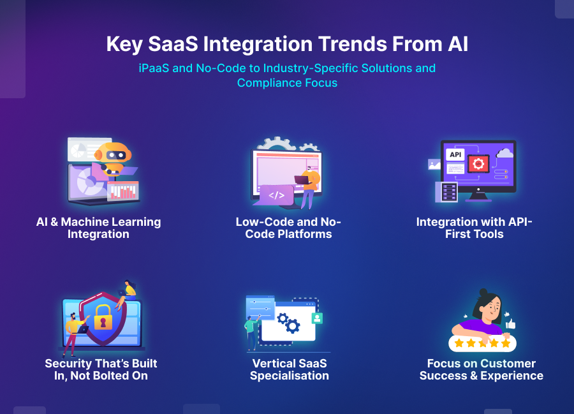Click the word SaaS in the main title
point(173,44)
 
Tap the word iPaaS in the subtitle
point(154,68)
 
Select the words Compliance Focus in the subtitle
point(288,83)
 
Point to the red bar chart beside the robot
point(123,191)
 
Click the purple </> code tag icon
point(276,195)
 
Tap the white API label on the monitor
point(455,154)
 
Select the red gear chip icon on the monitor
point(478,164)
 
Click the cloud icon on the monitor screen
point(505,152)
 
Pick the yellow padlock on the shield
point(103,317)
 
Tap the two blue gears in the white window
point(288,322)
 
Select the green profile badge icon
point(317,318)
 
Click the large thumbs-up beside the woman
point(511,323)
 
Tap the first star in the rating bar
point(459,343)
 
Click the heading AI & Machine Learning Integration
point(98,228)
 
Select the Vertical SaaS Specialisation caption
point(289,369)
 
